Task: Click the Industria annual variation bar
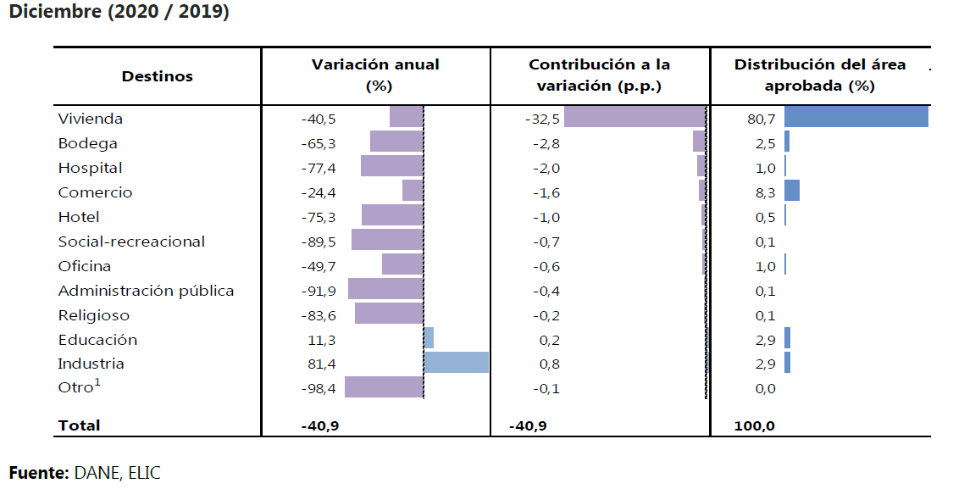pos(457,363)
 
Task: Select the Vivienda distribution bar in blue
pos(856,117)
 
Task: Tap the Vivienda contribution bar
pos(634,117)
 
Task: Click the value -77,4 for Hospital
pos(319,168)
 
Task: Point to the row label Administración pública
pos(146,291)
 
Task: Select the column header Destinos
pos(157,76)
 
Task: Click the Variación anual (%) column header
pos(375,75)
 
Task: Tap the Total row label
pos(79,425)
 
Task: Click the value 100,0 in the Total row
pos(755,425)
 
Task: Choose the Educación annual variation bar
pos(429,338)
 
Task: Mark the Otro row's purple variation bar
pos(384,387)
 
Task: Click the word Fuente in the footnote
pos(37,473)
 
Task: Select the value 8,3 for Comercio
pos(766,192)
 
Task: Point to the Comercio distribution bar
pos(792,191)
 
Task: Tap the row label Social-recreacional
pos(131,242)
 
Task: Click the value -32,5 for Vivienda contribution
pos(542,119)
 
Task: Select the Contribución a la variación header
pos(599,75)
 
